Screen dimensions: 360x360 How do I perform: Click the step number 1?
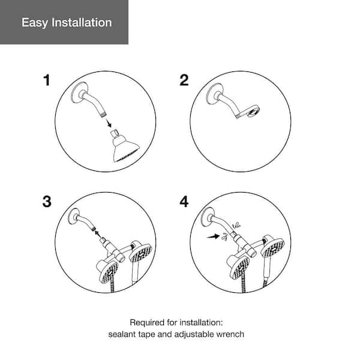pos(47,80)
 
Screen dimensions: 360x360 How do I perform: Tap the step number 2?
pos(184,80)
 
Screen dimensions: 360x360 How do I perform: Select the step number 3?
pos(47,202)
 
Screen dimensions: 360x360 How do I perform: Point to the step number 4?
pos(184,202)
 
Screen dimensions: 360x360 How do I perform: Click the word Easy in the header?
pos(35,23)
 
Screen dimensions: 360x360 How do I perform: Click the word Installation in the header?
pos(82,23)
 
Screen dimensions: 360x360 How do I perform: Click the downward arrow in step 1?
pos(109,123)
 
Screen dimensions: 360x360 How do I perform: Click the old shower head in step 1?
pos(125,146)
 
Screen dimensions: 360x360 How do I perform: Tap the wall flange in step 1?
pos(79,92)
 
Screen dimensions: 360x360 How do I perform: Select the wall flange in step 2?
pos(214,94)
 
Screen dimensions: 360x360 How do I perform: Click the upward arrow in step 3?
pos(98,234)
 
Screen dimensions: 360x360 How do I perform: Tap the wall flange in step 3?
pos(74,216)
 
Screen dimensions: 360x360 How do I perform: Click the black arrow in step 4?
pos(213,236)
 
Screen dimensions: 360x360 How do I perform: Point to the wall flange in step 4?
pos(208,217)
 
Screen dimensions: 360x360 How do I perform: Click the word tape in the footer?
pos(147,335)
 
